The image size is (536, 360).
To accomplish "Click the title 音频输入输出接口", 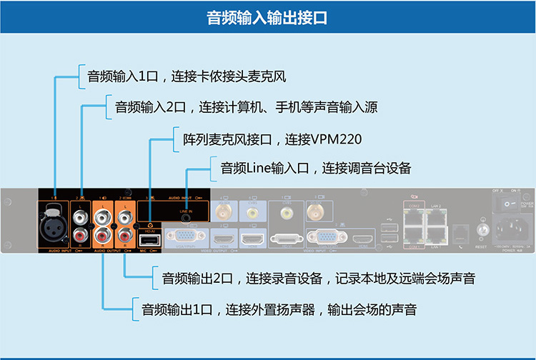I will tap(267, 18).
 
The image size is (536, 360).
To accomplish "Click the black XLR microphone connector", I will tap(54, 217).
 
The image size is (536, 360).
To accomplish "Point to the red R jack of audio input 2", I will tap(81, 234).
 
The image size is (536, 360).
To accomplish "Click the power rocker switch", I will tap(506, 204).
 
